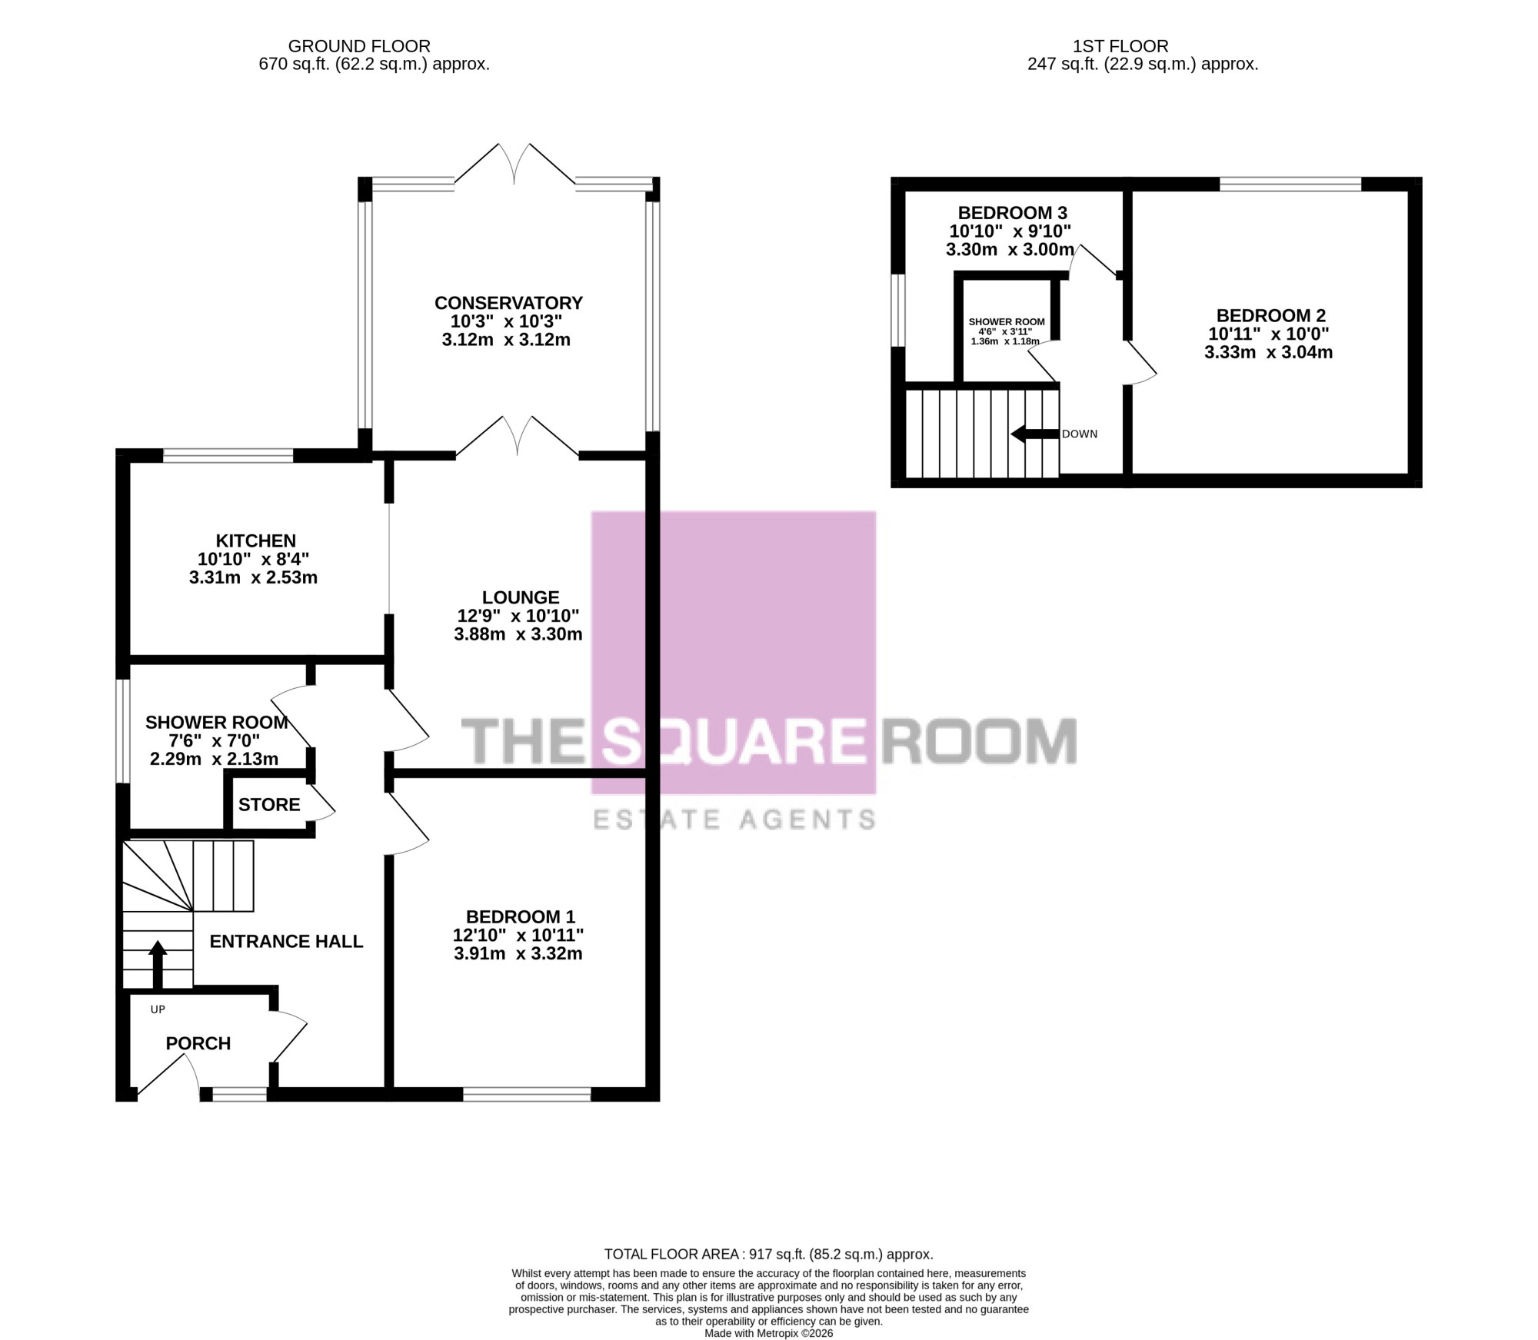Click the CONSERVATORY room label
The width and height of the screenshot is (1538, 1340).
(508, 303)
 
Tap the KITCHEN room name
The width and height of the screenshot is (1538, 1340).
(255, 540)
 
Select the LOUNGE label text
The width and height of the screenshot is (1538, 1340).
(521, 597)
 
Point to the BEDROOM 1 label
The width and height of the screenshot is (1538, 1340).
(521, 916)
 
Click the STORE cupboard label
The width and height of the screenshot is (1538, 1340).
(269, 805)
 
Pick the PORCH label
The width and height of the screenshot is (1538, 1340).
(198, 1043)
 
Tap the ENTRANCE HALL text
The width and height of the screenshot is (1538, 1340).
(286, 942)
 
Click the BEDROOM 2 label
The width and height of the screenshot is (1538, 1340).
(1271, 315)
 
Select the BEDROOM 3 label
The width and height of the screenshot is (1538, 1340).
(1013, 213)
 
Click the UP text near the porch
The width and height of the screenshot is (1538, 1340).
(158, 1009)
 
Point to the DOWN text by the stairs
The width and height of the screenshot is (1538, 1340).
(1080, 434)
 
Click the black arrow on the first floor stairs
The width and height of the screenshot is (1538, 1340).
(1034, 434)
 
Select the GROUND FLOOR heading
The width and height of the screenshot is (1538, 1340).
(359, 46)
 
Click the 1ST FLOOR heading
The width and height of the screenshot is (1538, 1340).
(1120, 46)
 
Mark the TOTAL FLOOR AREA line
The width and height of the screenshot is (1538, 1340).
(769, 1254)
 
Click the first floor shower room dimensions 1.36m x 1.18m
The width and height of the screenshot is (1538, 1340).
(1005, 341)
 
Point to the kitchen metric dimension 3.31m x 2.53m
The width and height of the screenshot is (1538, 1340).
(253, 577)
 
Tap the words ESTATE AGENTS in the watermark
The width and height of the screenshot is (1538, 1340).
(734, 820)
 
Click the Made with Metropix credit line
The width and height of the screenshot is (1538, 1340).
(769, 1333)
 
